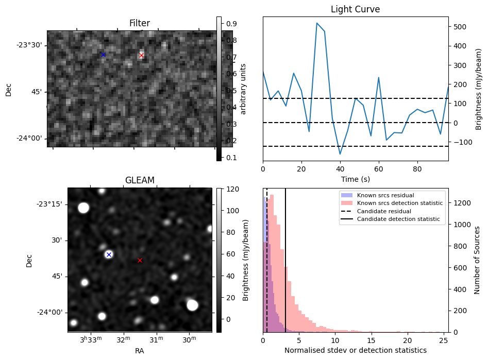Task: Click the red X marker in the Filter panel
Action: [x=142, y=55]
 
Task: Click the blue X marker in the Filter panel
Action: [x=103, y=55]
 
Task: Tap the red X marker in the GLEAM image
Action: [x=140, y=260]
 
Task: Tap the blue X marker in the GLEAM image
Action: [x=109, y=254]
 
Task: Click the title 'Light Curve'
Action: [x=355, y=9]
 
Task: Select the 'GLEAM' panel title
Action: [x=140, y=180]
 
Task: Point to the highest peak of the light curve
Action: [x=317, y=23]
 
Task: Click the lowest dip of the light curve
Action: [x=340, y=154]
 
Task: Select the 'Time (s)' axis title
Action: [x=355, y=179]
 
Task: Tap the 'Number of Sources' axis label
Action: [x=478, y=260]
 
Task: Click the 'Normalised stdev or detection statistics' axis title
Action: [x=355, y=350]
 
